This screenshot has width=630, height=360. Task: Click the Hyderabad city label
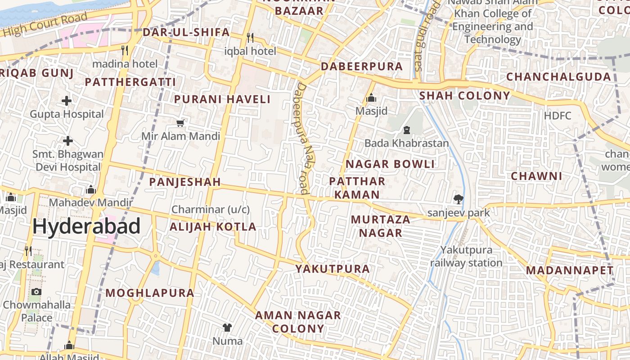coord(86,226)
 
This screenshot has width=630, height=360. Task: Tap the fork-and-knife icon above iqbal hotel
coord(250,37)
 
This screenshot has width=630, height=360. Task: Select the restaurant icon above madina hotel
coord(125,50)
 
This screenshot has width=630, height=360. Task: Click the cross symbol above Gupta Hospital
coord(67,100)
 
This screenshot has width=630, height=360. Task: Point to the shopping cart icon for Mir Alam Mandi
coord(180,122)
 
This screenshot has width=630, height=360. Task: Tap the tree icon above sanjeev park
coord(459,198)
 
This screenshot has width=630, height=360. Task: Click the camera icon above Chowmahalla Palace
coord(36,292)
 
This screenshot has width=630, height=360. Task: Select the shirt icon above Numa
coord(227,328)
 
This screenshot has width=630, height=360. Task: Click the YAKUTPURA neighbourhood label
coord(333,269)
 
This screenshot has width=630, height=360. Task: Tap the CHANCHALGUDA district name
coord(558,77)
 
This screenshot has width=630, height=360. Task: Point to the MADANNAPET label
coord(570,270)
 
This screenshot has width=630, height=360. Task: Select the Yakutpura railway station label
coord(466,256)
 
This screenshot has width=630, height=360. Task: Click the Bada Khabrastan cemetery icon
coord(407,130)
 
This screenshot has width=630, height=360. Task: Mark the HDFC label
coord(558,116)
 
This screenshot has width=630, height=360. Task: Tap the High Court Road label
coord(45,25)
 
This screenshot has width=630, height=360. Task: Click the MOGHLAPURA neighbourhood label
coord(150,293)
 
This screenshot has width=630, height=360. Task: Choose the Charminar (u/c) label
coord(211,209)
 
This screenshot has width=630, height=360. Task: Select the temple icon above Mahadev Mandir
coord(91,189)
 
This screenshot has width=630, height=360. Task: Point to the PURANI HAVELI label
coord(222,99)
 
